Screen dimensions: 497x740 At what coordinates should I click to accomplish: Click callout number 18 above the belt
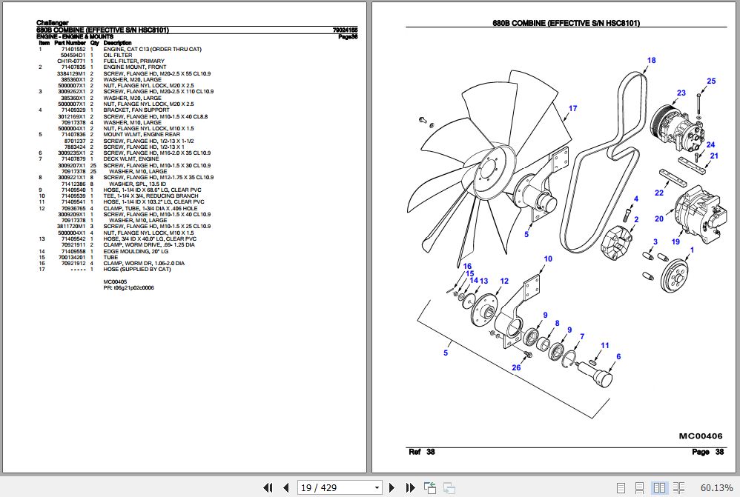(x=652, y=61)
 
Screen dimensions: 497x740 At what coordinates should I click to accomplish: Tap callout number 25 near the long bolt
(x=710, y=81)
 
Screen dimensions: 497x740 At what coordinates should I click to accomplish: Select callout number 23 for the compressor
(x=681, y=93)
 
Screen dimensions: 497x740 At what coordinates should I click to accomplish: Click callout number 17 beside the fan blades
(x=572, y=109)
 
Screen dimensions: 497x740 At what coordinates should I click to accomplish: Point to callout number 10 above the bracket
(x=548, y=259)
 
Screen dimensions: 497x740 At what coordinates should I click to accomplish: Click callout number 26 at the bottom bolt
(x=517, y=367)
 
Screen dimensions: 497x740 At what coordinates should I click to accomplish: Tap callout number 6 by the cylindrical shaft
(x=618, y=357)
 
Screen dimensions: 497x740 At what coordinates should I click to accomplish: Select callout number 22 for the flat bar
(x=658, y=193)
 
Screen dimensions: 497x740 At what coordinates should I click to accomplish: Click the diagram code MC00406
(x=700, y=436)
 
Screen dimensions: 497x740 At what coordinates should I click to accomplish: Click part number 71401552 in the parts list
(x=73, y=50)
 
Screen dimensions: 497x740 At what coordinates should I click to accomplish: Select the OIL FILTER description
(x=117, y=56)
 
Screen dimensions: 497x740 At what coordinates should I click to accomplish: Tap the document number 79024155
(x=346, y=30)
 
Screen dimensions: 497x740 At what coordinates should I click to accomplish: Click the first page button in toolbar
(x=269, y=487)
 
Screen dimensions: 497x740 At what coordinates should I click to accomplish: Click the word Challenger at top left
(x=54, y=23)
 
